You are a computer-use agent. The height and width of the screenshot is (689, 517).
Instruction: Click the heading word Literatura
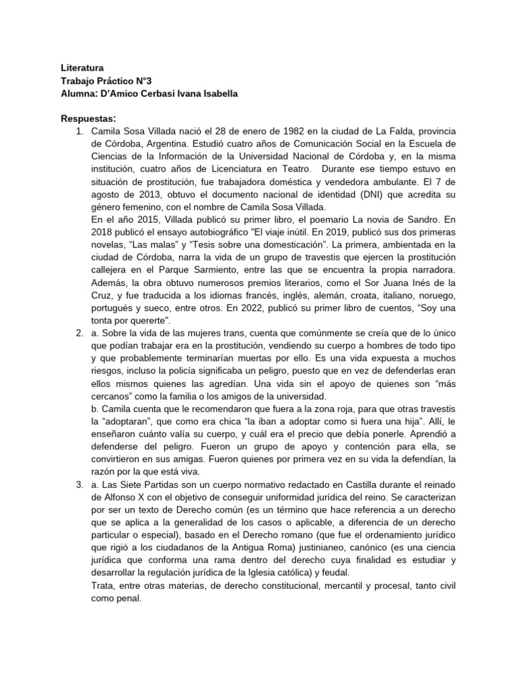82,68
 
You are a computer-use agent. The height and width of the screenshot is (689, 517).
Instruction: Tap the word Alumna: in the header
81,94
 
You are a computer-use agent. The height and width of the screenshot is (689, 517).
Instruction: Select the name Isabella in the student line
216,94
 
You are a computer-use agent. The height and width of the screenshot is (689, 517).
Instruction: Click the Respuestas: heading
88,118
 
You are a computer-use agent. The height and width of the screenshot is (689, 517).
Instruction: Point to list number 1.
79,131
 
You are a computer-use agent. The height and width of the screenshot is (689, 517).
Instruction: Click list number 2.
79,332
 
